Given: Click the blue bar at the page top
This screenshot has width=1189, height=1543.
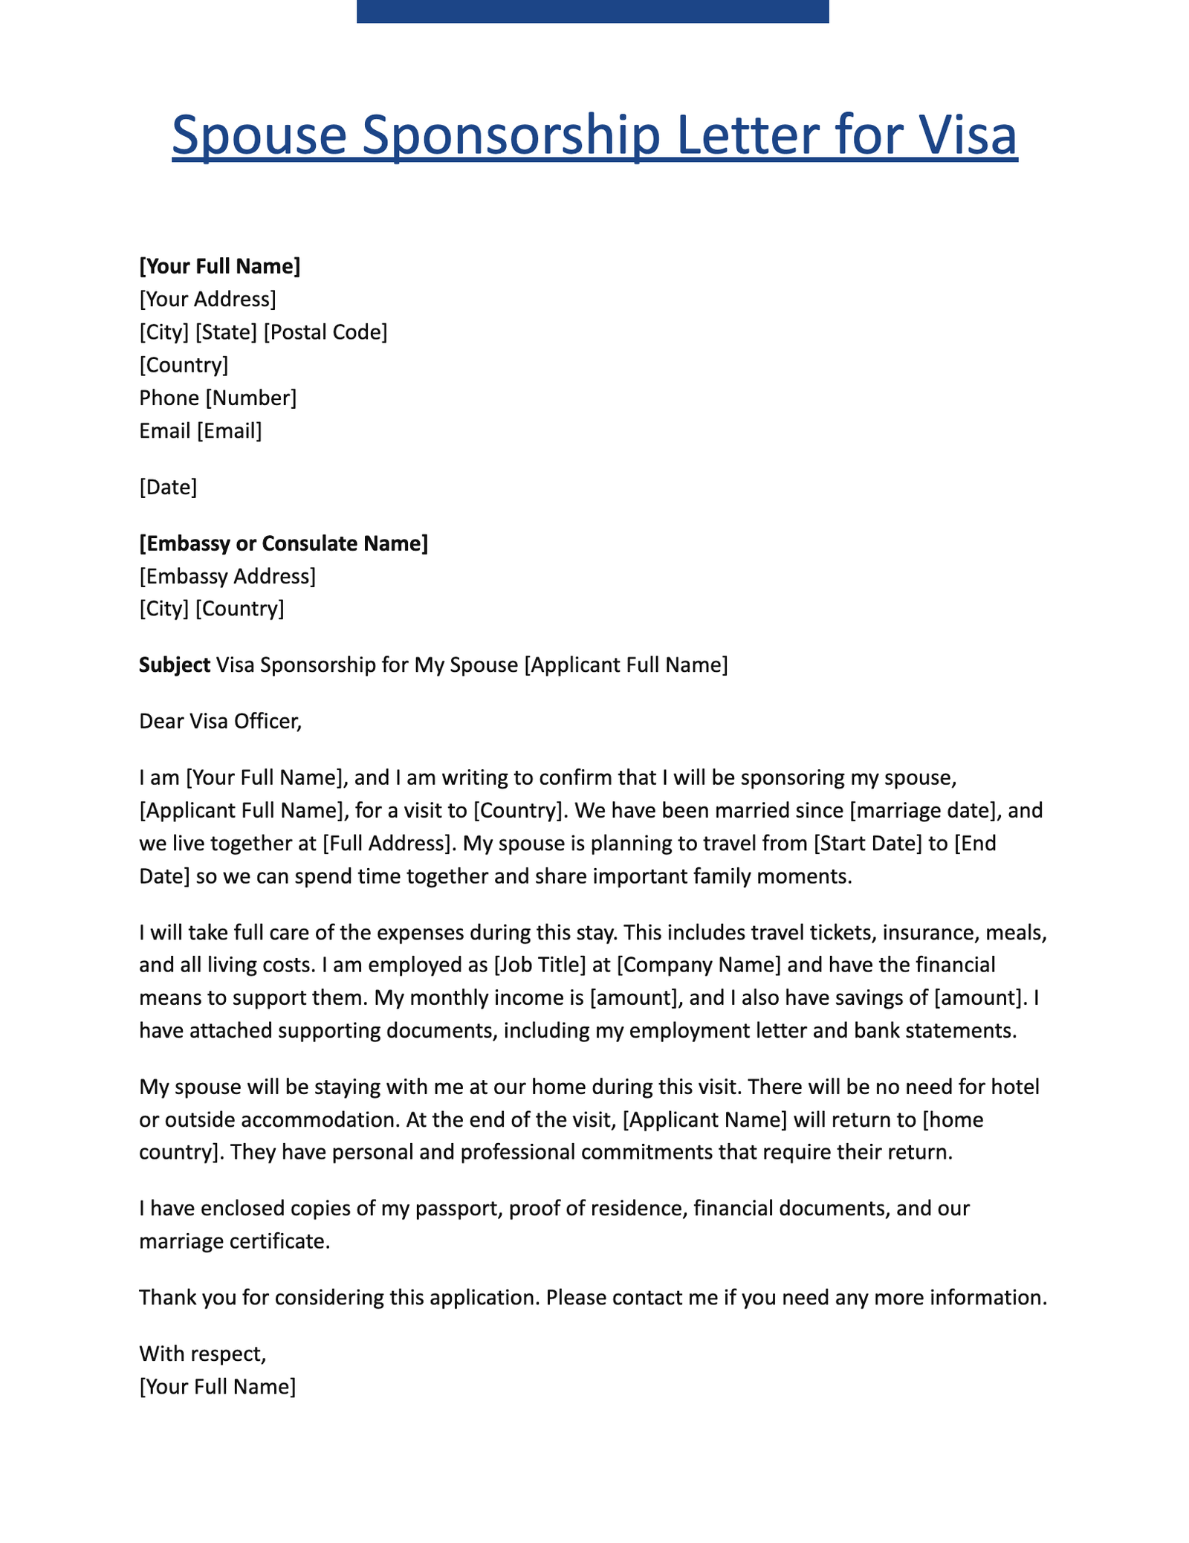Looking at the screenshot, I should point(592,11).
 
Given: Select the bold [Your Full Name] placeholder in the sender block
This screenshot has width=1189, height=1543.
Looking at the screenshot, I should point(220,266).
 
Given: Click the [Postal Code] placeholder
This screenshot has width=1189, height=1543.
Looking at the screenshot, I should point(325,332).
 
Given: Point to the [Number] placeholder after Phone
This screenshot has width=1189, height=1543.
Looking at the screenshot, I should point(251,398).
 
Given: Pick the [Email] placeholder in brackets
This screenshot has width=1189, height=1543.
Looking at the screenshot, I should point(229,430).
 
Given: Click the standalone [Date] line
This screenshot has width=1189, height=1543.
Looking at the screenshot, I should point(168,488).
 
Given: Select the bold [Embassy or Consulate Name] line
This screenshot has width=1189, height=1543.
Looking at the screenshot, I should point(283,543).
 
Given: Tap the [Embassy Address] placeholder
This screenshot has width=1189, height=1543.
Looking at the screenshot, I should point(227,576).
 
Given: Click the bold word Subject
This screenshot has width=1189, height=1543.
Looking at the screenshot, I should point(175,664).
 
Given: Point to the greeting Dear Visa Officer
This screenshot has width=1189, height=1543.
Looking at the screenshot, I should point(221,721).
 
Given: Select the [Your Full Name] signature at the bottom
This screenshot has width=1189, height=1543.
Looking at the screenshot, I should point(217,1386).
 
